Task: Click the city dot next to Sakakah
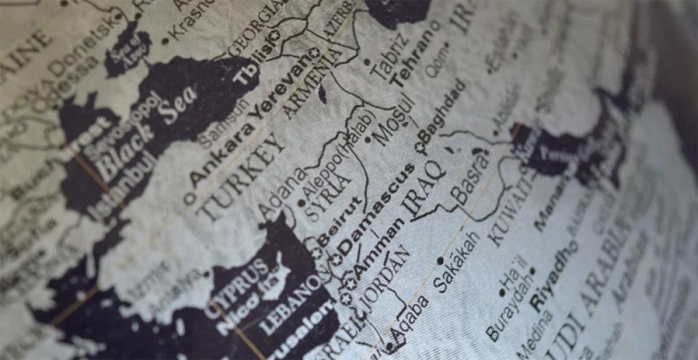[x=440, y=261]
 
